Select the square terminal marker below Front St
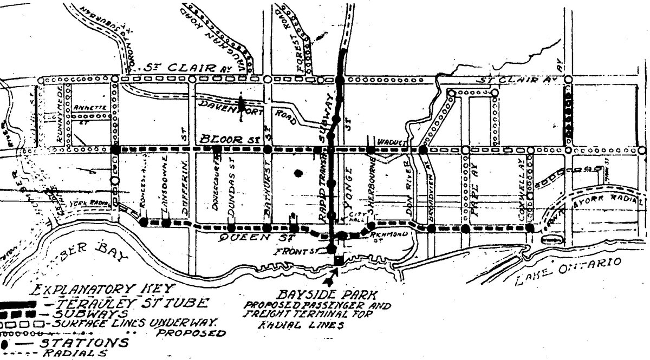[x=338, y=260]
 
